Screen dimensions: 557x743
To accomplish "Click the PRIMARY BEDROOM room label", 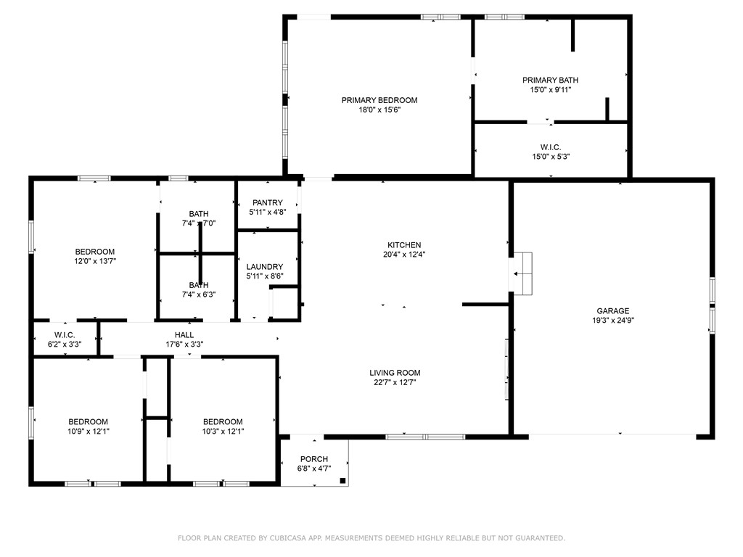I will click(379, 100).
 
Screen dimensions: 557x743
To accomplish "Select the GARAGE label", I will click(612, 310).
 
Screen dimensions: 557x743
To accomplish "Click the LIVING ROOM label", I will click(395, 373).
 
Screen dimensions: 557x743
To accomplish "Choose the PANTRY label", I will click(267, 203).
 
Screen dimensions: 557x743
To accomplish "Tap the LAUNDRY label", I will click(264, 267).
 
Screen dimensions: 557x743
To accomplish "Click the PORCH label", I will click(314, 459).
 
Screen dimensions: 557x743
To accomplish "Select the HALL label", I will click(184, 334).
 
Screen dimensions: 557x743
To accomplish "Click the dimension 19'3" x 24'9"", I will click(612, 320).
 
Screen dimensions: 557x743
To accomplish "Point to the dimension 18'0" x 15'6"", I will click(379, 110).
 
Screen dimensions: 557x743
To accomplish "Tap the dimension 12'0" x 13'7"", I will click(94, 261).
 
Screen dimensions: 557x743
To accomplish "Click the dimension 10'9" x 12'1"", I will click(89, 432).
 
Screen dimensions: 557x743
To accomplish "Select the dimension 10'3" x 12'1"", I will click(223, 432).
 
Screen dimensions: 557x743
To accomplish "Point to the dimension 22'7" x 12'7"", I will click(395, 382).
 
